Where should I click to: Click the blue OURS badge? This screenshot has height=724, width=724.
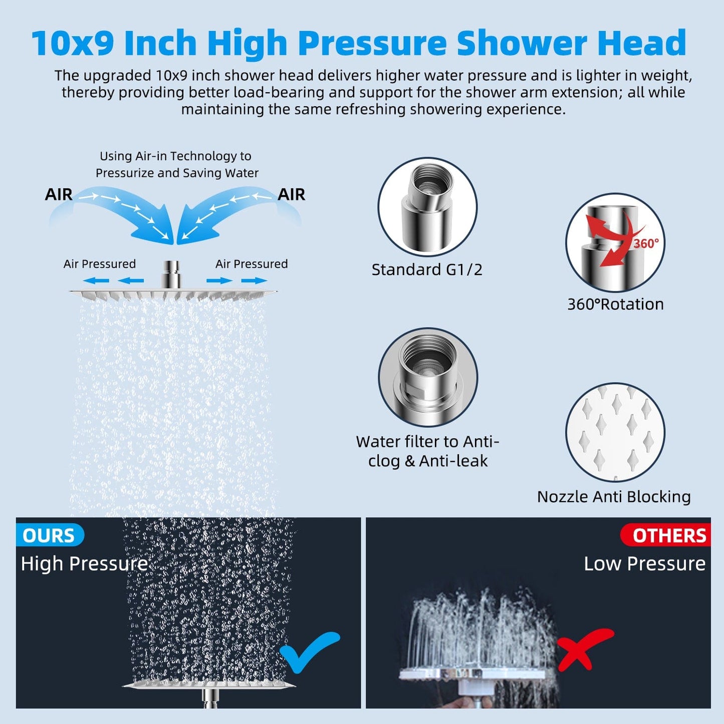[50, 535]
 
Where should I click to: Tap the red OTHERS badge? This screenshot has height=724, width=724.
[665, 535]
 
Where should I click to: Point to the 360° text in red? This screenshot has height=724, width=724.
[646, 244]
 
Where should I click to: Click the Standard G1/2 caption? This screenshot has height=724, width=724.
[427, 270]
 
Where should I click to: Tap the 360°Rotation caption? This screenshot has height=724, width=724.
[615, 304]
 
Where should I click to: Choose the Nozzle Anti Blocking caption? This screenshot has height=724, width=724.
[614, 497]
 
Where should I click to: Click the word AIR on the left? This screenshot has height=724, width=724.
[59, 194]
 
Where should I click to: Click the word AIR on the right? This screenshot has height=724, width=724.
[292, 194]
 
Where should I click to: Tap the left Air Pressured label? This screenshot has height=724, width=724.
[100, 264]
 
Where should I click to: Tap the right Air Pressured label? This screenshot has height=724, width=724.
[252, 264]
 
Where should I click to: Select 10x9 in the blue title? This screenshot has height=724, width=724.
[73, 43]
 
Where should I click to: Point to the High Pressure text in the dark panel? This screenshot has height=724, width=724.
[84, 564]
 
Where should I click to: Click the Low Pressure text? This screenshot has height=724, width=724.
[645, 564]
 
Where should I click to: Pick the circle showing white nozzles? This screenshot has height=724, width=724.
[615, 432]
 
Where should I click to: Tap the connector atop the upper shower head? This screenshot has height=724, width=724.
[171, 275]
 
